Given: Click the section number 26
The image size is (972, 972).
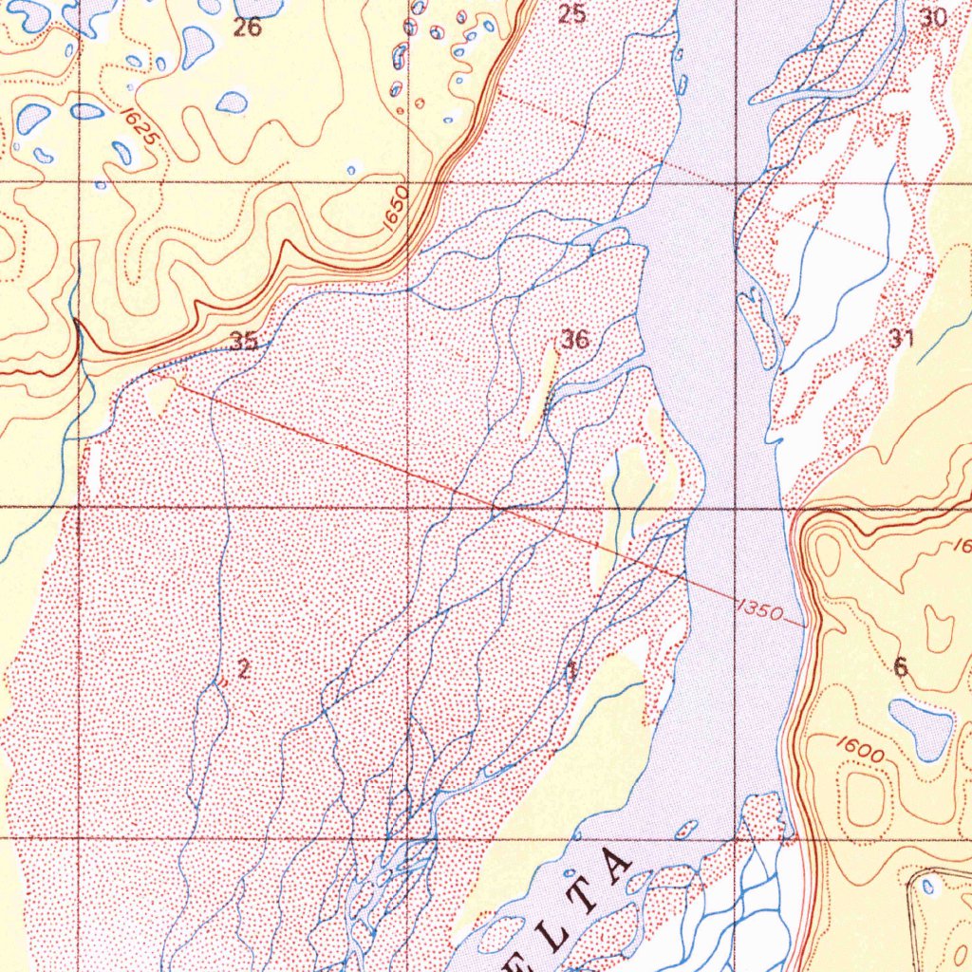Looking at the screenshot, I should click(x=247, y=28).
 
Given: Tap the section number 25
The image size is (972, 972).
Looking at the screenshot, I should click(x=571, y=14).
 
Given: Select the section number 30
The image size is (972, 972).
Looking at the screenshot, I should click(x=934, y=17).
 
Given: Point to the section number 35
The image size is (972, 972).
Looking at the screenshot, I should click(x=244, y=342).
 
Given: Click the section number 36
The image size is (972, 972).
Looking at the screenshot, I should click(x=574, y=339).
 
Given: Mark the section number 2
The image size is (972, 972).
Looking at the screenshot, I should click(x=244, y=668).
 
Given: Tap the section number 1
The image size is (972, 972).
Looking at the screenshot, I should click(x=570, y=671).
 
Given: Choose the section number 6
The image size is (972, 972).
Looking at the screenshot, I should click(x=900, y=667).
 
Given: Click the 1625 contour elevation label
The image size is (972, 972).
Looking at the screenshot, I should click(x=139, y=125).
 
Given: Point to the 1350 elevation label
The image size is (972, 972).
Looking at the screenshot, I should click(x=758, y=610).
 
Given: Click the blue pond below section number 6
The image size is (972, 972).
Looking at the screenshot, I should click(x=921, y=729).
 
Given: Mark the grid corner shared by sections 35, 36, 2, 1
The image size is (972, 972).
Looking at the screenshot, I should click(x=408, y=508).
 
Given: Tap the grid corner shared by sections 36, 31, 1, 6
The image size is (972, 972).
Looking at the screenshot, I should click(x=736, y=508).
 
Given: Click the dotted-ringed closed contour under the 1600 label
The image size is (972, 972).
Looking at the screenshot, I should click(x=865, y=797).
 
